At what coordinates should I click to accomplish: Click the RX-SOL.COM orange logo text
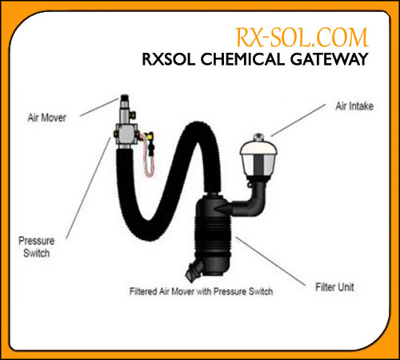[x=302, y=38]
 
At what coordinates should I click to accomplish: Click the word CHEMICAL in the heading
[x=242, y=59]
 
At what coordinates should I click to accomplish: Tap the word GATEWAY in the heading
[x=330, y=59]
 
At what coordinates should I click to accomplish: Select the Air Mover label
[x=47, y=118]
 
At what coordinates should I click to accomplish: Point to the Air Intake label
[x=354, y=106]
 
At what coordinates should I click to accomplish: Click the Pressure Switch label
[x=37, y=247]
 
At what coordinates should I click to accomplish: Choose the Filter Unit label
[x=334, y=287]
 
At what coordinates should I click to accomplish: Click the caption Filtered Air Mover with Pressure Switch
[x=201, y=291]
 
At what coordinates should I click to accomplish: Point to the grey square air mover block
[x=126, y=134]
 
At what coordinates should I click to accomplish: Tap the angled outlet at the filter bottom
[x=194, y=270]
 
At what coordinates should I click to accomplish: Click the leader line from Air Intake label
[x=298, y=120]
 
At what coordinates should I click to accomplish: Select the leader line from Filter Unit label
[x=270, y=262]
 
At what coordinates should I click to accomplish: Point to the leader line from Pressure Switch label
[x=88, y=188]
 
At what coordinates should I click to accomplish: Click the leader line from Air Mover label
[x=99, y=107]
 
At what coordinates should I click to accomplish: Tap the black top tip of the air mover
[x=125, y=98]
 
